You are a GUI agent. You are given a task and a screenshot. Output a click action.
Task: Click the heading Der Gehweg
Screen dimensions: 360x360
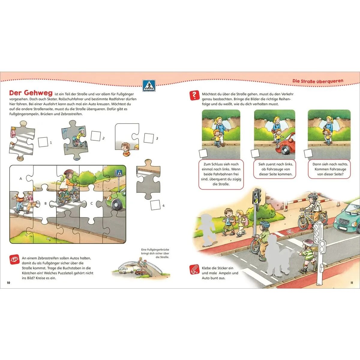31,93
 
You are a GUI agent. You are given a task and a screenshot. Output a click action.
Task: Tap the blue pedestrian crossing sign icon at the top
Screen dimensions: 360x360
149,85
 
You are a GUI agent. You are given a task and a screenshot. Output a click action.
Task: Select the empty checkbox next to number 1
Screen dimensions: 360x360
43,142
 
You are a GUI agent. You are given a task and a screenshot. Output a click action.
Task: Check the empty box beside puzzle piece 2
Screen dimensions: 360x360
96,136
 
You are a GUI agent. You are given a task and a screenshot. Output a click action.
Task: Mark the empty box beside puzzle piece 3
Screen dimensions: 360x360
149,138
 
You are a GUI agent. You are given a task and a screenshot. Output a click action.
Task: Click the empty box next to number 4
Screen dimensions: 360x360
155,205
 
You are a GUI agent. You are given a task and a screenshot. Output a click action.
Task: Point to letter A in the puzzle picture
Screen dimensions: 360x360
21,178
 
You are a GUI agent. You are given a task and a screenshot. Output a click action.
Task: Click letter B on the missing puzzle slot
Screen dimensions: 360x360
45,203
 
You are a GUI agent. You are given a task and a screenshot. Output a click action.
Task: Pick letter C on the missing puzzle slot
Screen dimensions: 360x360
91,203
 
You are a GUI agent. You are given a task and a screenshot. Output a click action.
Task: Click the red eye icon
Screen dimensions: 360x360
14,259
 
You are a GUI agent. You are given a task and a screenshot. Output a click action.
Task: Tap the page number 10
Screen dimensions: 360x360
8,283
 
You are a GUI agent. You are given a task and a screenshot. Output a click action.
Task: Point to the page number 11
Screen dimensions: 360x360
352,283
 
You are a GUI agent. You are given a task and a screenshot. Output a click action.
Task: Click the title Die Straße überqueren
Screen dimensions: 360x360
318,81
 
